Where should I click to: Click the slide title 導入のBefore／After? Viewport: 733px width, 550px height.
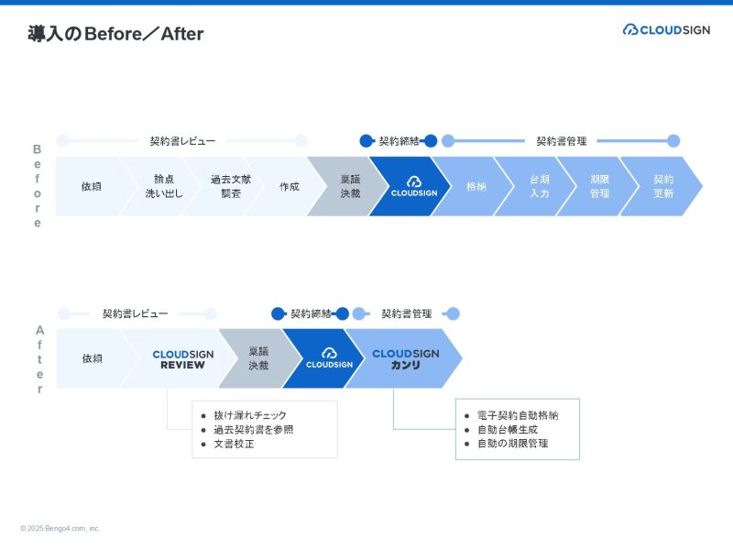115,34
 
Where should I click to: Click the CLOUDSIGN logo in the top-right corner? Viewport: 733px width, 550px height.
666,29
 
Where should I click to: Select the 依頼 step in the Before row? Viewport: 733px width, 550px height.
91,186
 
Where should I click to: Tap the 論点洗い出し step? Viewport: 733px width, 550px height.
164,186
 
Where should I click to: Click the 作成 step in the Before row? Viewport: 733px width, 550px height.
289,186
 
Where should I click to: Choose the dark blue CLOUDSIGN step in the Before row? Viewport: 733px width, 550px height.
413,187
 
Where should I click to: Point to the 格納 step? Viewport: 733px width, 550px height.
476,186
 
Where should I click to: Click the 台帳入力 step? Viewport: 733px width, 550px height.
540,186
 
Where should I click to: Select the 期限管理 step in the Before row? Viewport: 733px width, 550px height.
599,186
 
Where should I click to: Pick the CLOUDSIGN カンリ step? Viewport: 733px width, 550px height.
405,358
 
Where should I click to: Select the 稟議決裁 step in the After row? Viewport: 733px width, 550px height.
258,358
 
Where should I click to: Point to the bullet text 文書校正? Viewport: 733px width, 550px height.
235,445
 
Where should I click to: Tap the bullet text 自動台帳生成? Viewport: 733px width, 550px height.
507,429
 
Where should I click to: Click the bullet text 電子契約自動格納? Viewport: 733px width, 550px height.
518,415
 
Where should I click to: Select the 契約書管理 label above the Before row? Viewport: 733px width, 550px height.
561,141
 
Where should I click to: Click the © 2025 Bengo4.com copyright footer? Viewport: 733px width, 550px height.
60,529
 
